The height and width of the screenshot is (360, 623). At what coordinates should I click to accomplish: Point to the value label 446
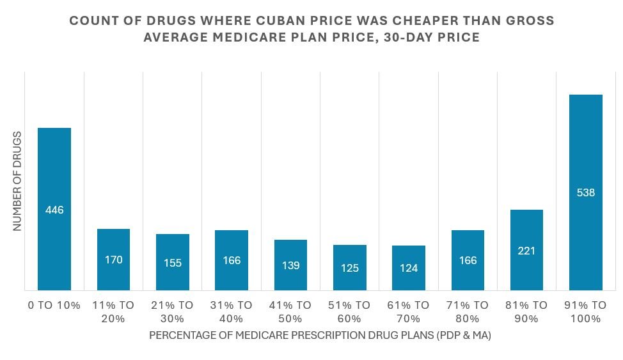[54, 210]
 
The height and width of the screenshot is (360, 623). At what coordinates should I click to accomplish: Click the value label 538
[586, 192]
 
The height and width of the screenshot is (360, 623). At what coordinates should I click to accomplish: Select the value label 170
[113, 260]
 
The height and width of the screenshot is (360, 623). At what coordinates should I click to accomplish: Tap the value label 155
[173, 263]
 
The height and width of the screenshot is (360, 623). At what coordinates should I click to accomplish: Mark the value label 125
[350, 268]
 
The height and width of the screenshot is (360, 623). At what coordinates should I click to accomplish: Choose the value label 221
[526, 251]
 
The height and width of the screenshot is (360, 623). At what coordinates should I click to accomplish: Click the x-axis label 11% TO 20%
[113, 311]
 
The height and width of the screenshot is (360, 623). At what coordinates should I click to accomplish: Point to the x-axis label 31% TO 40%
[232, 311]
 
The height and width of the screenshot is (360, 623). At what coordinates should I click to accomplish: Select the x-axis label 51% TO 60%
[350, 311]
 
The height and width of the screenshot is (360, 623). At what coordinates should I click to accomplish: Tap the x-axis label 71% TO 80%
[468, 311]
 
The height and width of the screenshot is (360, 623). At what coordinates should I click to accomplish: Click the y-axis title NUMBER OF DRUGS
[17, 181]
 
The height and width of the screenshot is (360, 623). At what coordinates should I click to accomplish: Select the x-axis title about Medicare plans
[320, 335]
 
